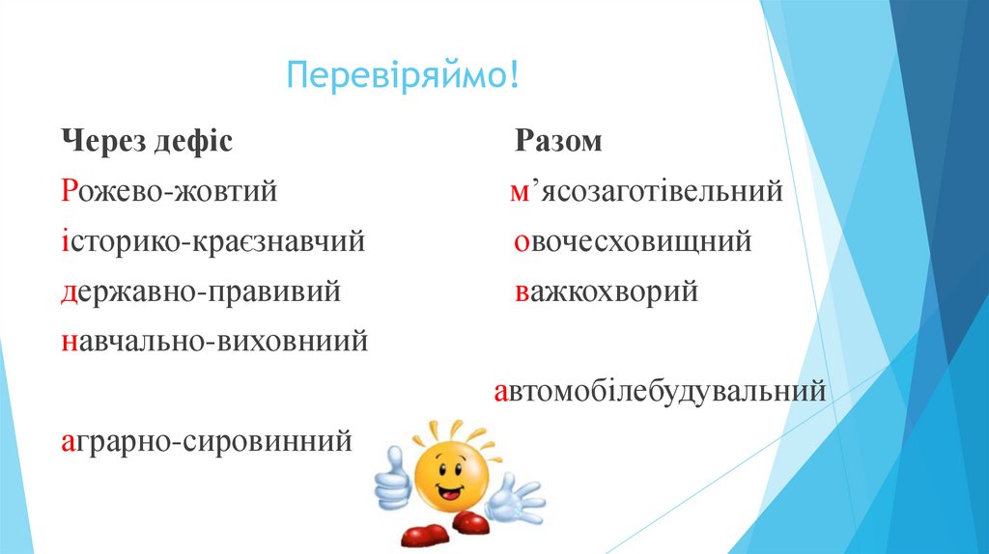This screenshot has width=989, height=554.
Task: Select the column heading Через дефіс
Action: click(x=147, y=142)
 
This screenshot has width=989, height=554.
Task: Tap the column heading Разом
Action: click(x=557, y=142)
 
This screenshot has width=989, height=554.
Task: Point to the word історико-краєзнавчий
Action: click(x=212, y=242)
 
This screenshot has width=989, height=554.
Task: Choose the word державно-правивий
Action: click(x=200, y=291)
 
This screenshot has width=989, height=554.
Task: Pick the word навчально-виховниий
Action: click(x=213, y=342)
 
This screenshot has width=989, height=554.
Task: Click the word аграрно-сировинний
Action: click(x=205, y=441)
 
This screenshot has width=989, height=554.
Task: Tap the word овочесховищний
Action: click(x=632, y=242)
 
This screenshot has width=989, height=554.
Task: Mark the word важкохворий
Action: click(x=606, y=291)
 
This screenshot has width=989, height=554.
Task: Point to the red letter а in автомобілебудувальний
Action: click(x=501, y=394)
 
